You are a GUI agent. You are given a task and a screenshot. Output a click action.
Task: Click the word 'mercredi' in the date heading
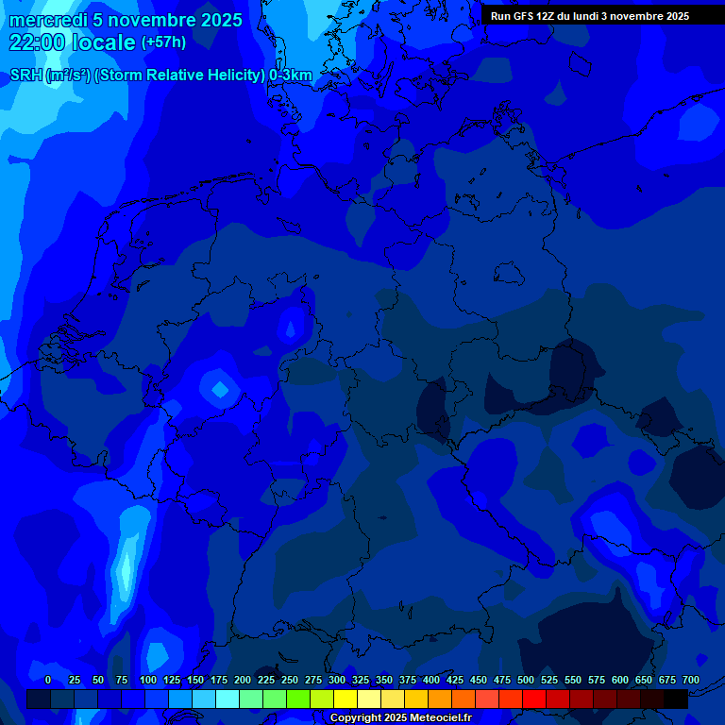coord(48,20)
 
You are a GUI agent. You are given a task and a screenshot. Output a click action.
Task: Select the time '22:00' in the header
coord(38,42)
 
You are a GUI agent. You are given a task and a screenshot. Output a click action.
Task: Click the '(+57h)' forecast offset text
coord(163,42)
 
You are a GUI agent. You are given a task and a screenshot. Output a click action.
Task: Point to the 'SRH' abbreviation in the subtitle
coord(25,76)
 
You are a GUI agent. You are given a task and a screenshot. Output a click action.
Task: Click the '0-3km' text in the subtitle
coord(291,76)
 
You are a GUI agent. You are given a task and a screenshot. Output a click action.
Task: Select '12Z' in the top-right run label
coord(550,16)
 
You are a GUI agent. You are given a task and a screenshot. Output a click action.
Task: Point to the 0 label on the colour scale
coord(48,680)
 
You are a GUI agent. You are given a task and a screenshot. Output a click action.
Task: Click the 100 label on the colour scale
coord(148,680)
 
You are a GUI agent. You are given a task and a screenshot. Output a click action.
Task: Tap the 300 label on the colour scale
coord(337,680)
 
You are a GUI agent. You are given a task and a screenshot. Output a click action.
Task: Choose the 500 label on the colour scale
coord(526,680)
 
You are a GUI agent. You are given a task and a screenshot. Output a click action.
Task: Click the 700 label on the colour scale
coord(691,680)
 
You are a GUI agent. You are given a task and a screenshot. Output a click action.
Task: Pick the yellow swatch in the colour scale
coord(346,700)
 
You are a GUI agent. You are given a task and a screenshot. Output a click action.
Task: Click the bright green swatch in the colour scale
coord(298,700)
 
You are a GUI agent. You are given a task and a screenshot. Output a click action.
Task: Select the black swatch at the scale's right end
coord(676,700)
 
